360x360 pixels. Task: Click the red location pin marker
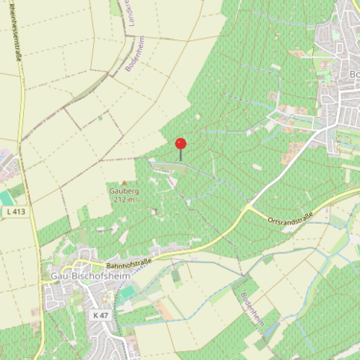(180, 144)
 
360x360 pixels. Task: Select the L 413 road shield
(14, 210)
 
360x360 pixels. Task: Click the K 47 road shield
(99, 315)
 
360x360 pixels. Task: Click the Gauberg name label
(124, 191)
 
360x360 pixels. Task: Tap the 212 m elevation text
(124, 201)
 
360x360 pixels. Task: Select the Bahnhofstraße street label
(131, 258)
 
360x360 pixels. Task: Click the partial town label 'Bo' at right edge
(353, 75)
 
